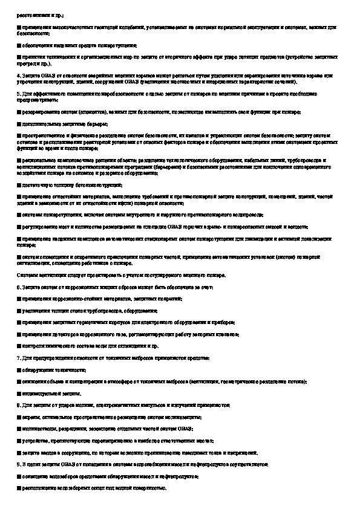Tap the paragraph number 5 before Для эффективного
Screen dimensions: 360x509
(18, 94)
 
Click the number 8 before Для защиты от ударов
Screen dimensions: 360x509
(18, 404)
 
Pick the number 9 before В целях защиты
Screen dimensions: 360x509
(18, 463)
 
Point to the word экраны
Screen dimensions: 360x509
(28, 417)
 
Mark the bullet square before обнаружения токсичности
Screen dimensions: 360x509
(19, 370)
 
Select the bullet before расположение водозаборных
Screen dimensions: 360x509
(19, 487)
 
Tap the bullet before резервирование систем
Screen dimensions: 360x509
(19, 112)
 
